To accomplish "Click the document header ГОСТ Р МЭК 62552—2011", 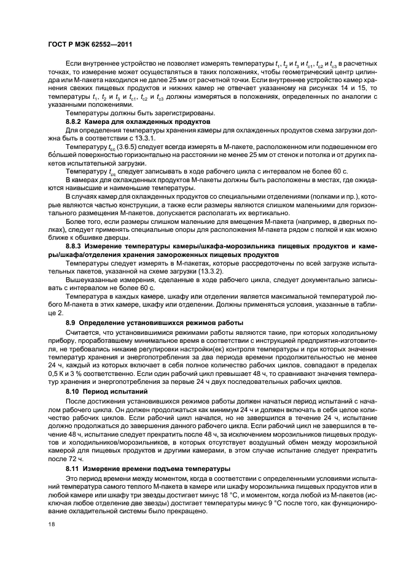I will click(x=90, y=44).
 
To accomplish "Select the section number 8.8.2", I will click(x=76, y=122).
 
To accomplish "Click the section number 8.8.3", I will click(x=76, y=245).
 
